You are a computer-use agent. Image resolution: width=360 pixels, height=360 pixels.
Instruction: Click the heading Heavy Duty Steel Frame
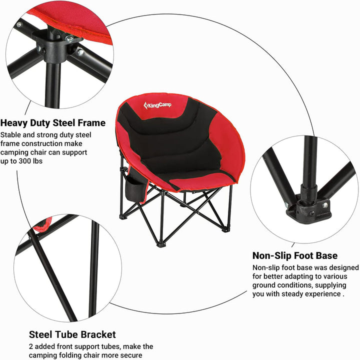click(53, 122)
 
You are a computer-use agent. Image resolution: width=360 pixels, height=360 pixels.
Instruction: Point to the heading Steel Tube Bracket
click(72, 334)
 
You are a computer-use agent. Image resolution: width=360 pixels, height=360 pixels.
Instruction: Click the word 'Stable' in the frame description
click(11, 134)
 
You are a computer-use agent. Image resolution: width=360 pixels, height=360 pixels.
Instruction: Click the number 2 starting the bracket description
click(31, 346)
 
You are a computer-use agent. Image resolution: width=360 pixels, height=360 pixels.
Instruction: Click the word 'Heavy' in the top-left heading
click(14, 122)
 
